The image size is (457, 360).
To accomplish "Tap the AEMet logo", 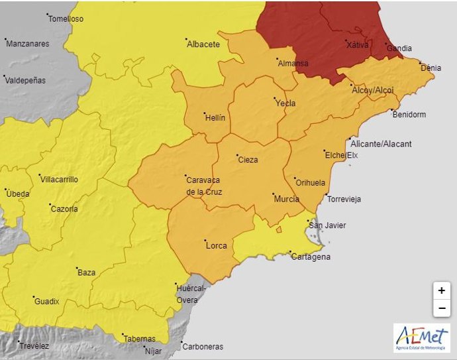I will point(421,338).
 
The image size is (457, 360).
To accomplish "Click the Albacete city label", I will point(203,44).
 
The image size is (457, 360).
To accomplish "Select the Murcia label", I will point(286,199).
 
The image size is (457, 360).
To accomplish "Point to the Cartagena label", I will point(311,257).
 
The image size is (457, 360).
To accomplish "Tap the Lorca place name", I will point(217,245).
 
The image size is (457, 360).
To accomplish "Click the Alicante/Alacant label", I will point(381,144).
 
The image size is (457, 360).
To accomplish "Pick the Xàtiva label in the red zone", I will point(358,45).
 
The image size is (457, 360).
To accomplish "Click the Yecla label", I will point(285,103).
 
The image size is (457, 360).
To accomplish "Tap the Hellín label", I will point(215,117).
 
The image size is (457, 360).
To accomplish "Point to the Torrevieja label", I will point(345,199).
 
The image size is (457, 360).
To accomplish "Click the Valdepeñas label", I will point(25,80).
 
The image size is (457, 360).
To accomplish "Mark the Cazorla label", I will point(64,209).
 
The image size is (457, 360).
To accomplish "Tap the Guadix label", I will point(46,302).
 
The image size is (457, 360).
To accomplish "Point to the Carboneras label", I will point(203,346).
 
